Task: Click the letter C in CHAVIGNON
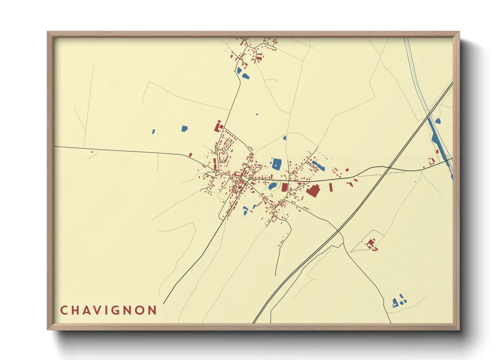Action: pos(64,310)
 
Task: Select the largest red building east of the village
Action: pos(313,191)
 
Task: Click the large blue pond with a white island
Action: pos(277,164)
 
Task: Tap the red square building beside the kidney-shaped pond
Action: pos(284,187)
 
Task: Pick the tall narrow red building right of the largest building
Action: pos(330,187)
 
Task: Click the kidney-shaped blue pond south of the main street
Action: pos(272,186)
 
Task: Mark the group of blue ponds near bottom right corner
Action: pos(399,301)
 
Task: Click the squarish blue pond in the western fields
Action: pos(184,129)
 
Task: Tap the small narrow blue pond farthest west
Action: pos(153,131)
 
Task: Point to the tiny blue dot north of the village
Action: pos(257,114)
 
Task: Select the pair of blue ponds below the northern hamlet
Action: pos(242,73)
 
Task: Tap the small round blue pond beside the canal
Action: pos(438,120)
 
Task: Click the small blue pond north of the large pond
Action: pos(285,138)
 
